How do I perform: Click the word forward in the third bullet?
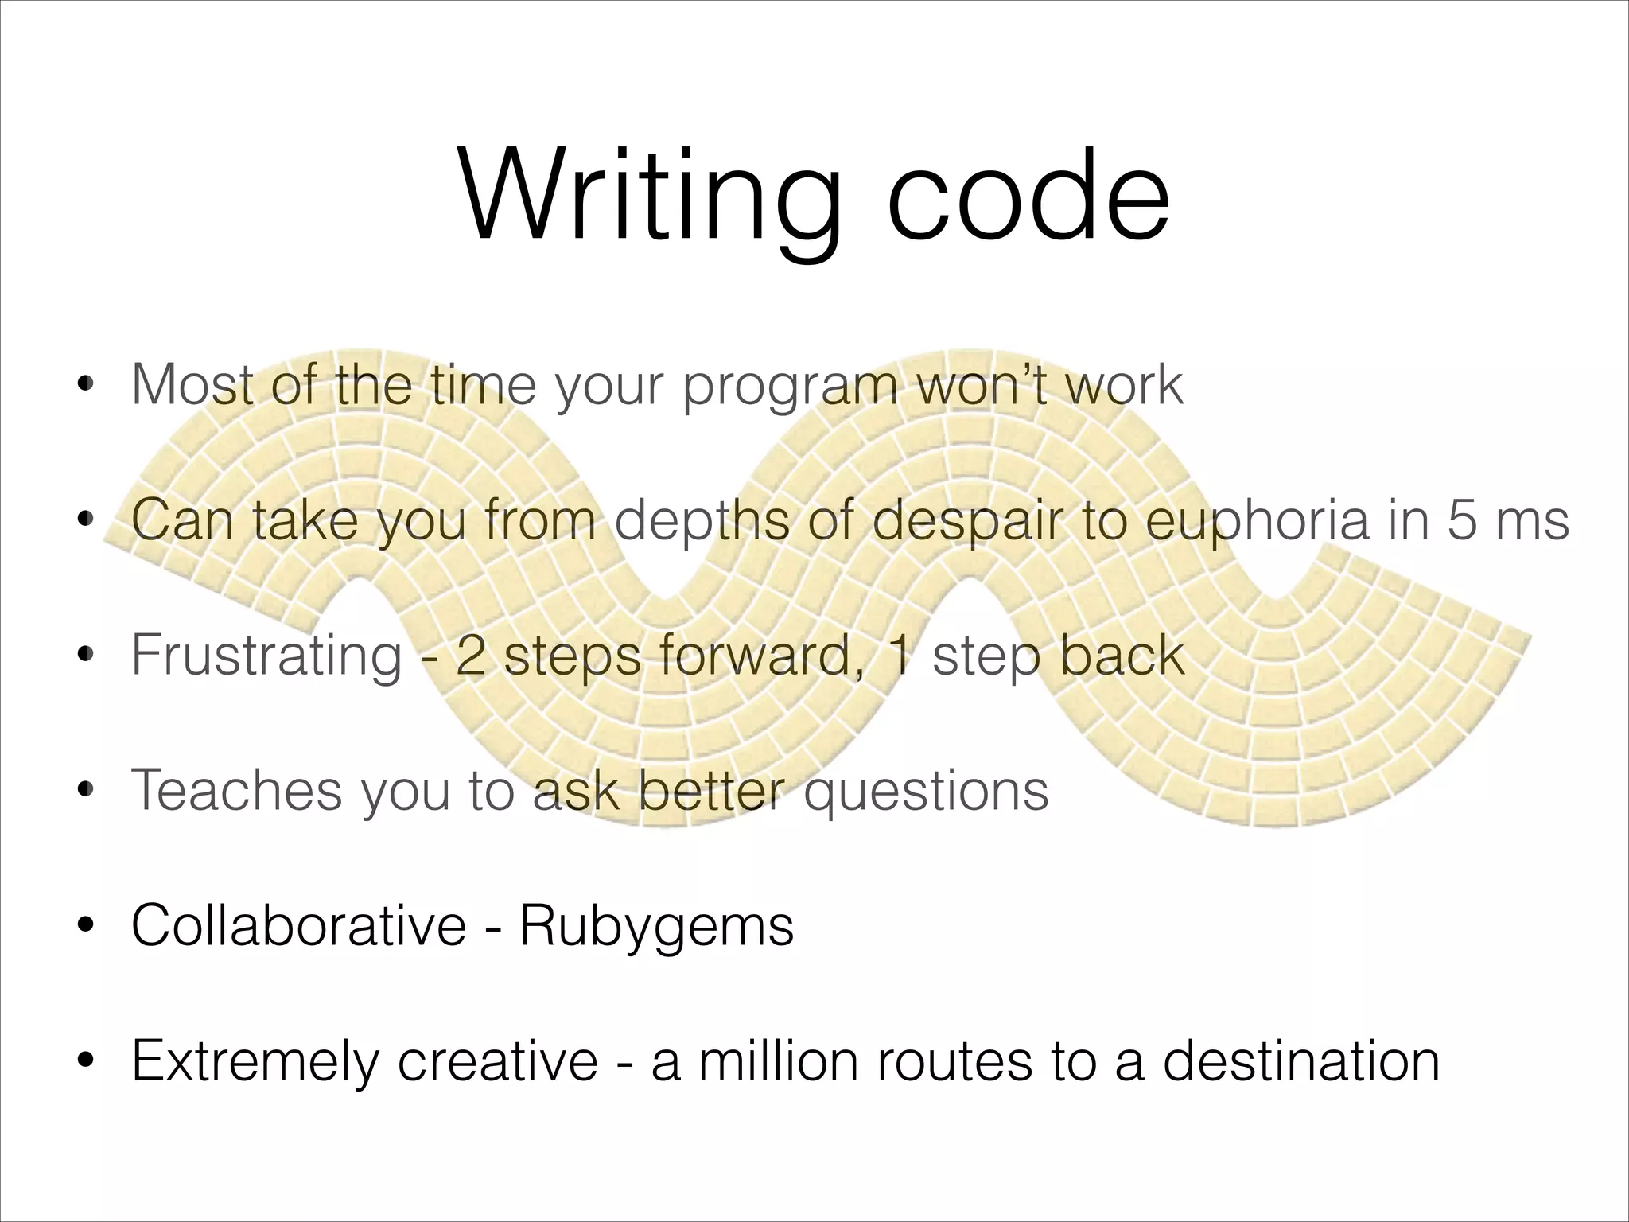click(x=764, y=655)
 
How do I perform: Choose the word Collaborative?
click(x=298, y=925)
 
